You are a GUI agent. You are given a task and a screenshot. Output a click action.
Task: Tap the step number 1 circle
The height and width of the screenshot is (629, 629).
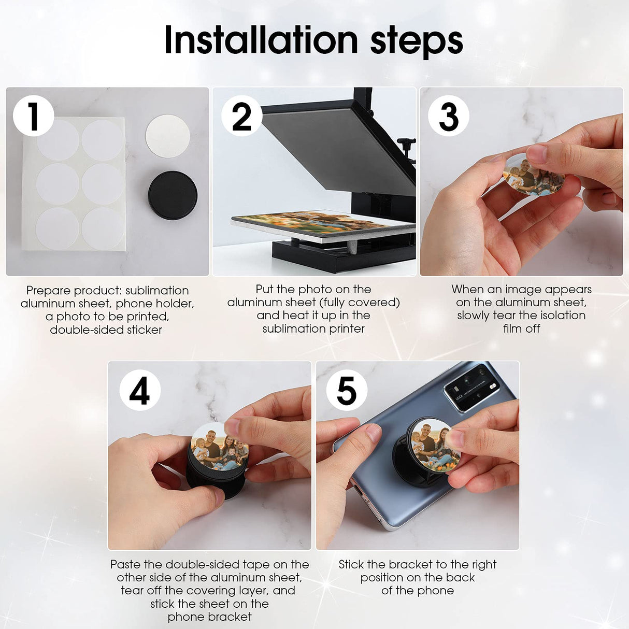[34, 116]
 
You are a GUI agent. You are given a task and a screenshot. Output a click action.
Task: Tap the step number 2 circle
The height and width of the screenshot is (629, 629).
[241, 116]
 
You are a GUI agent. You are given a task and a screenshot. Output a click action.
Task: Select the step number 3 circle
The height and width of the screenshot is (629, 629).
[448, 116]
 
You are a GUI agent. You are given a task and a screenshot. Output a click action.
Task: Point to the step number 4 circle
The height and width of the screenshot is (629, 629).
[139, 390]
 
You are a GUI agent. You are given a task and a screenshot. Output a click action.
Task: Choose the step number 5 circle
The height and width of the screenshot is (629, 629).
[347, 390]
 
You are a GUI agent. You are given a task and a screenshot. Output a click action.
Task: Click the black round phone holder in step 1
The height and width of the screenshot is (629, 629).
[172, 195]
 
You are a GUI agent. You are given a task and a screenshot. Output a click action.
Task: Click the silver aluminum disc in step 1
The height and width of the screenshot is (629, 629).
[167, 137]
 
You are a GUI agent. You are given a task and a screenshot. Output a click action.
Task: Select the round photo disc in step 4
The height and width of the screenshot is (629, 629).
[219, 447]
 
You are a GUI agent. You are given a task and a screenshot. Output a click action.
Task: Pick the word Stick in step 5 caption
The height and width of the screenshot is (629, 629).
[351, 564]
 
